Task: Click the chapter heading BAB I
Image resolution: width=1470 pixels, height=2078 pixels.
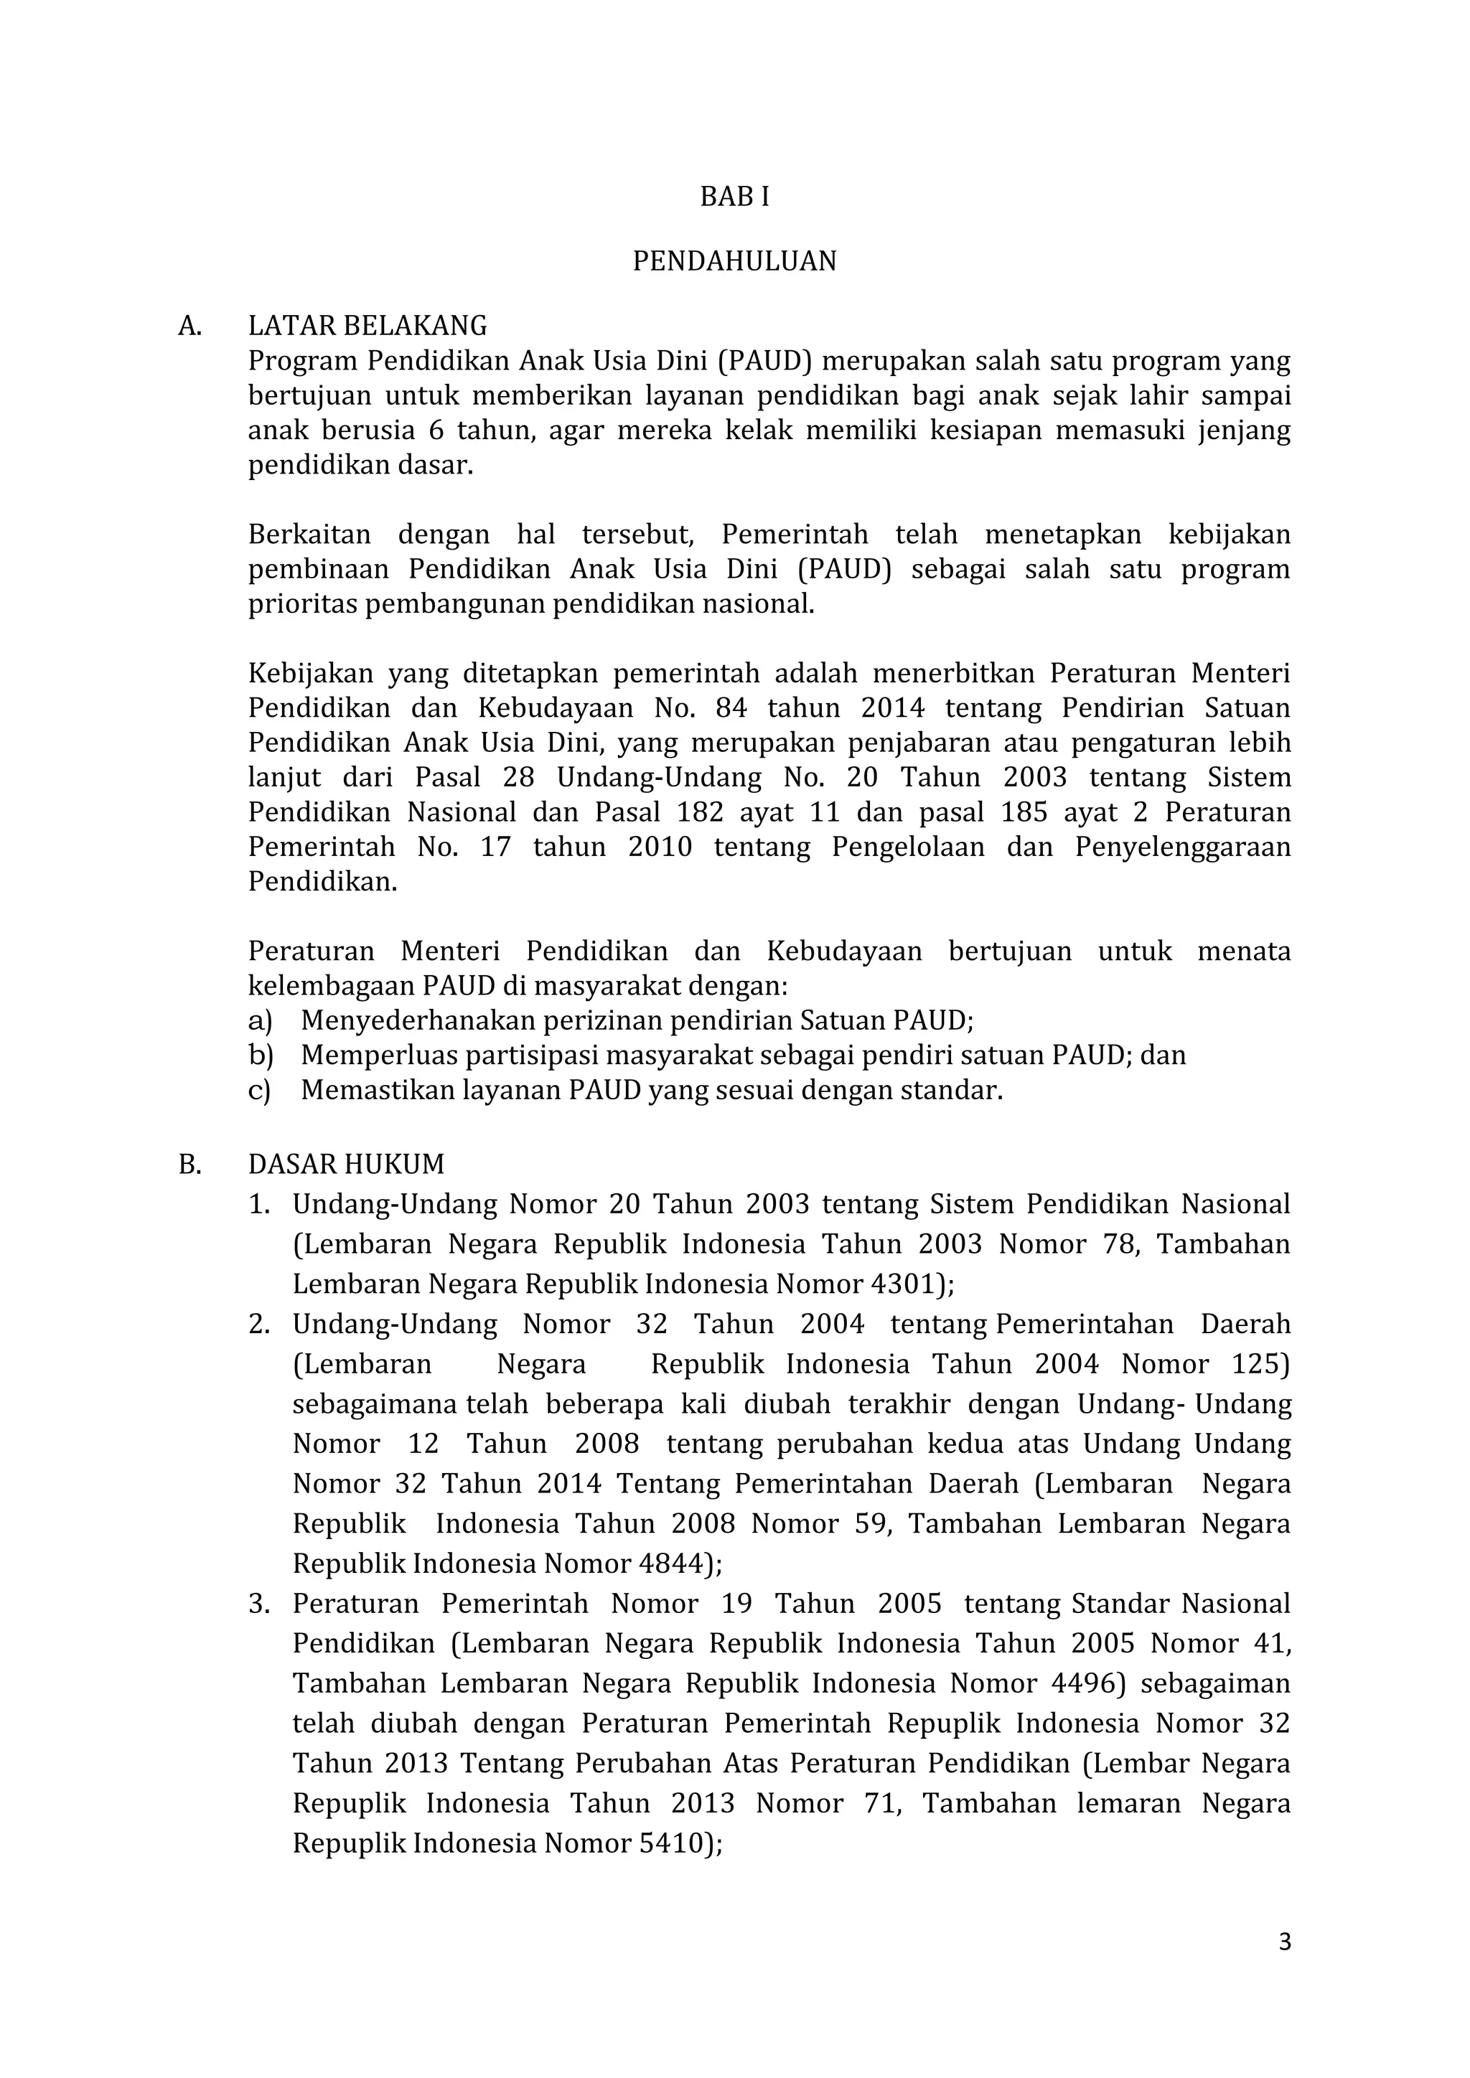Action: point(734,197)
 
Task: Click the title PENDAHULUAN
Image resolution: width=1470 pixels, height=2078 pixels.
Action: point(734,262)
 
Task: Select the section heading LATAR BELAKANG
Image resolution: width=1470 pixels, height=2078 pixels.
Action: point(367,326)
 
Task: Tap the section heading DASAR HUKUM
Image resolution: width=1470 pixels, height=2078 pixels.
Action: point(347,1164)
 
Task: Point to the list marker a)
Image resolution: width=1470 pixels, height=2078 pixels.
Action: point(260,1021)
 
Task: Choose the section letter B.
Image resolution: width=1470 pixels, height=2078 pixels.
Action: point(189,1165)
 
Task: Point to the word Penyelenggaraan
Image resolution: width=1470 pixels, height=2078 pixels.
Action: point(1182,848)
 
